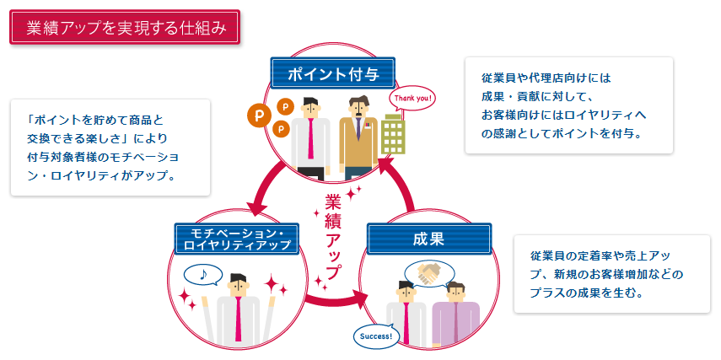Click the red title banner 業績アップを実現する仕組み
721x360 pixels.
[125, 27]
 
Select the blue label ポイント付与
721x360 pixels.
[333, 73]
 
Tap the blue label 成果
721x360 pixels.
[429, 239]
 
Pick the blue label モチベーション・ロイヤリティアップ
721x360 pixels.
[237, 239]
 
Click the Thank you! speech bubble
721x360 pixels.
[412, 99]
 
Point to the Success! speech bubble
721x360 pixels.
[376, 336]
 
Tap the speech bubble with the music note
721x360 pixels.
[203, 275]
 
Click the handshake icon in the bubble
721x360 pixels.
[428, 273]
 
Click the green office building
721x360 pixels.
[393, 134]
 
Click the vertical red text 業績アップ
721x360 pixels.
[333, 235]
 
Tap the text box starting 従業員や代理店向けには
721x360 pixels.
[569, 105]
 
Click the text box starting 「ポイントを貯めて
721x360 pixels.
[110, 148]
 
